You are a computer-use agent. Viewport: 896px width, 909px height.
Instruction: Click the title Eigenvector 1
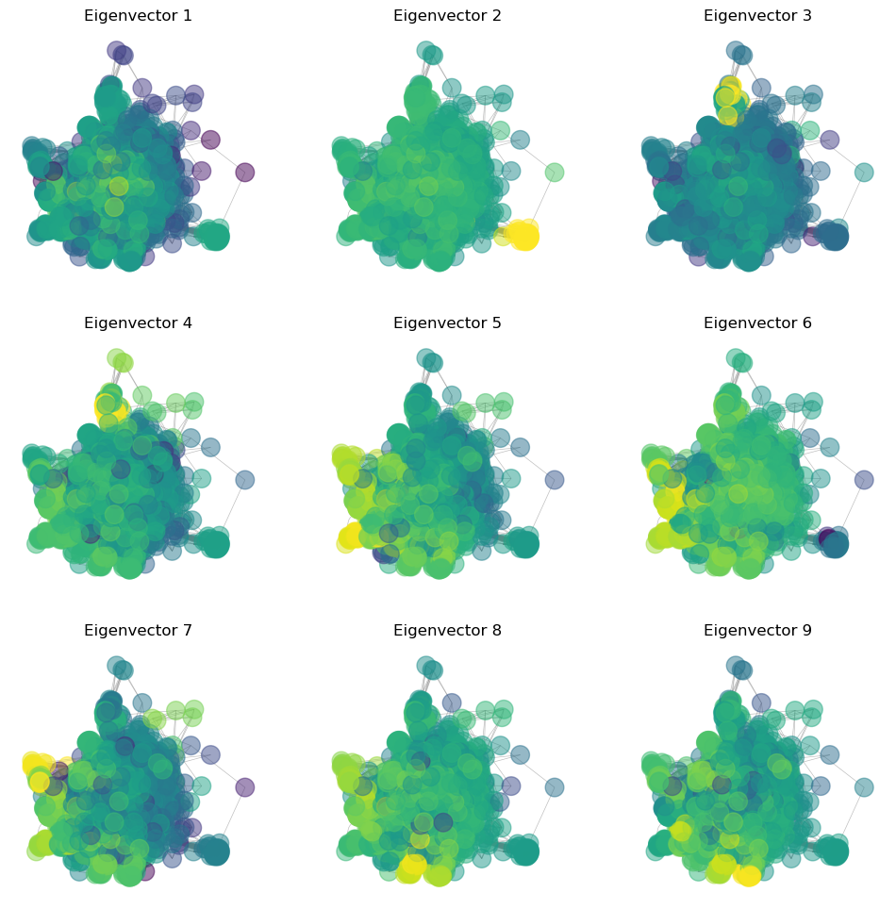[138, 16]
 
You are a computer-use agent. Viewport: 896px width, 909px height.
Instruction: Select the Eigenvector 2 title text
[447, 16]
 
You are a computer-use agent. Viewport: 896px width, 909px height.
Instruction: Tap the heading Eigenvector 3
[757, 16]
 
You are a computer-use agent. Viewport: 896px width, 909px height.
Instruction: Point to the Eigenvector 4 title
[138, 323]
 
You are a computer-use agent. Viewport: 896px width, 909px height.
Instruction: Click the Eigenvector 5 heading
[447, 323]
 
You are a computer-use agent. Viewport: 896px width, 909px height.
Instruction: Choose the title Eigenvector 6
[757, 323]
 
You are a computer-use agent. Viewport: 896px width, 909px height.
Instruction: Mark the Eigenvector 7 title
[138, 631]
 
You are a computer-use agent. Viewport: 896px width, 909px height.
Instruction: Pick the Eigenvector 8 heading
[447, 631]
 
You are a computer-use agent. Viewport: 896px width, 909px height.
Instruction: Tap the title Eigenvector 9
[757, 631]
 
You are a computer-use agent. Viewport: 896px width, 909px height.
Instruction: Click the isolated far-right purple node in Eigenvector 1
[245, 173]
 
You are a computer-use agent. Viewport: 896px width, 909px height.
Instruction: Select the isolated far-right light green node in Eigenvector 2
[555, 173]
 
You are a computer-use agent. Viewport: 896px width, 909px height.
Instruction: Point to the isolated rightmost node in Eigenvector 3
[864, 173]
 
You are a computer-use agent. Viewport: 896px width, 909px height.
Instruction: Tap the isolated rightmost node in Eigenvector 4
[245, 480]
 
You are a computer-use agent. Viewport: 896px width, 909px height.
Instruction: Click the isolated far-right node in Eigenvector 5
[555, 480]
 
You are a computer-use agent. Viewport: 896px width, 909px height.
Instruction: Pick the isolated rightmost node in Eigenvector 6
[864, 480]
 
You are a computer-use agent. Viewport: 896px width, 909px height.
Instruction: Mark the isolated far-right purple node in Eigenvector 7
[245, 787]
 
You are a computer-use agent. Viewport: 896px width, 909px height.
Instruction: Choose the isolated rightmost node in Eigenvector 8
[555, 787]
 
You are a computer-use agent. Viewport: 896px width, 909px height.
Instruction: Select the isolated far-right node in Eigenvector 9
[864, 787]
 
